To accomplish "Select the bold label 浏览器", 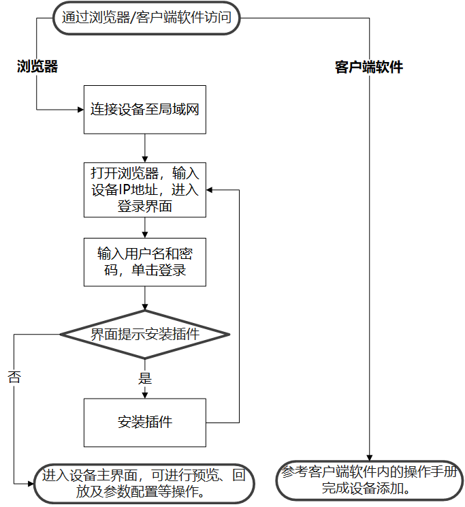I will tap(37, 66).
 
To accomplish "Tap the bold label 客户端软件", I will tap(369, 67).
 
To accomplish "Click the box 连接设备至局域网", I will tap(144, 109).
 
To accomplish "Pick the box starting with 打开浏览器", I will tap(144, 190).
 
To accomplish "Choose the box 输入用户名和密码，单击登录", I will tap(144, 262).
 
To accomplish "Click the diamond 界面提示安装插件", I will tap(144, 335).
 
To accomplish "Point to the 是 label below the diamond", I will tap(144, 377).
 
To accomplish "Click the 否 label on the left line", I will tap(14, 377).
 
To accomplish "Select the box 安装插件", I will tap(144, 422).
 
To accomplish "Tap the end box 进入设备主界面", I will tap(144, 482).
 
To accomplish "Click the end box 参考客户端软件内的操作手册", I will tap(370, 480).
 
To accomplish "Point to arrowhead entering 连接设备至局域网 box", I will tap(80, 109).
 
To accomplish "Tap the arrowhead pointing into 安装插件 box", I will tap(144, 394).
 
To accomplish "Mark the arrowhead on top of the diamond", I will tap(144, 307).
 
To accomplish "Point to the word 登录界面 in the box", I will tap(144, 206).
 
